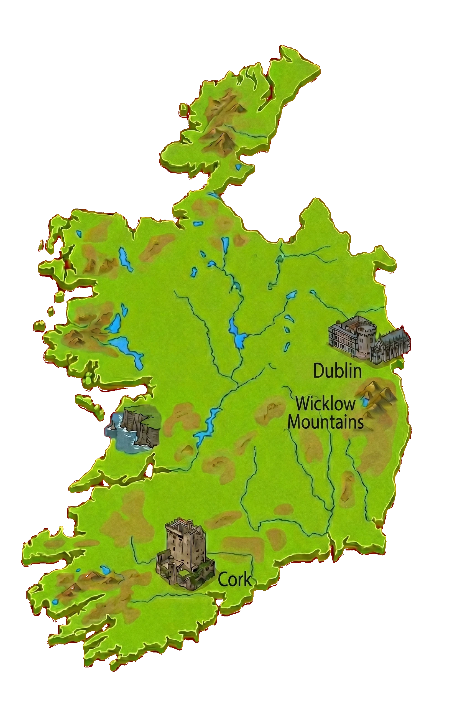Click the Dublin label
[337, 371]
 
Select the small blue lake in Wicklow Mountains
[365, 402]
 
